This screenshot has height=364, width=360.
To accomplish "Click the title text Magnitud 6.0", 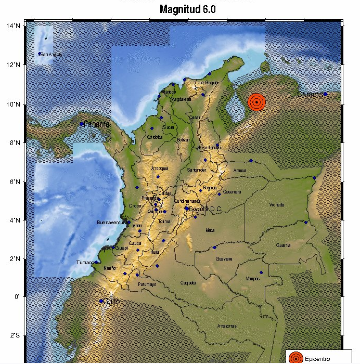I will (188, 9).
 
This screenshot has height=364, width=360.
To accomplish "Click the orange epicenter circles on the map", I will (256, 102).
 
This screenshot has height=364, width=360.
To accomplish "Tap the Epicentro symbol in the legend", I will (295, 357).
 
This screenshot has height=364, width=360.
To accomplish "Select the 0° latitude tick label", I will (17, 297).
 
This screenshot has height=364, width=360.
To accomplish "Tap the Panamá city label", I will (97, 124).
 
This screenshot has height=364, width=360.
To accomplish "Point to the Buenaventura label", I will (112, 223).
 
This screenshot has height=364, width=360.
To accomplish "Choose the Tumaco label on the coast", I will (84, 263).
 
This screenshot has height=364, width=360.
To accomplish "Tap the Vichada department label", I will (277, 205).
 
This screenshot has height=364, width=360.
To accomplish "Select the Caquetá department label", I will (187, 282).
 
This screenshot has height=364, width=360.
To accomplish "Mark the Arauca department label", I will (239, 170).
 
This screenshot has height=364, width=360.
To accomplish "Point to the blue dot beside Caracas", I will (326, 94).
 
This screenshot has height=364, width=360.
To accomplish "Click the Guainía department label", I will (284, 245).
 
